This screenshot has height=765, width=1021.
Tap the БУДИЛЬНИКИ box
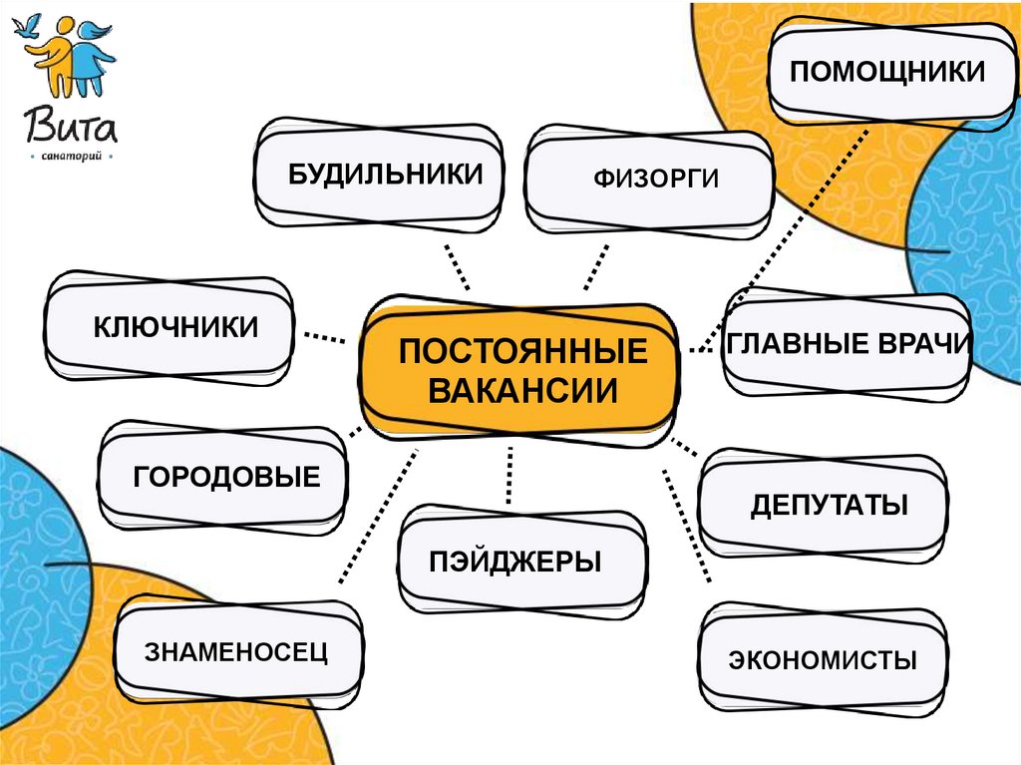[x=380, y=174]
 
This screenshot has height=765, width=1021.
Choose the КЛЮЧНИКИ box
[x=170, y=327]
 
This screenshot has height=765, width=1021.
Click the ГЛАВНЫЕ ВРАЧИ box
[x=848, y=343]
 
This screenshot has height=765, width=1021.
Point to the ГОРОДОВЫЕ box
[x=223, y=477]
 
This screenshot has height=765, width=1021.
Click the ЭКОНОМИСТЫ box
[x=823, y=659]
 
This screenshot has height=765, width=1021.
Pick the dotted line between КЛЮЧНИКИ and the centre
[x=324, y=337]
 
